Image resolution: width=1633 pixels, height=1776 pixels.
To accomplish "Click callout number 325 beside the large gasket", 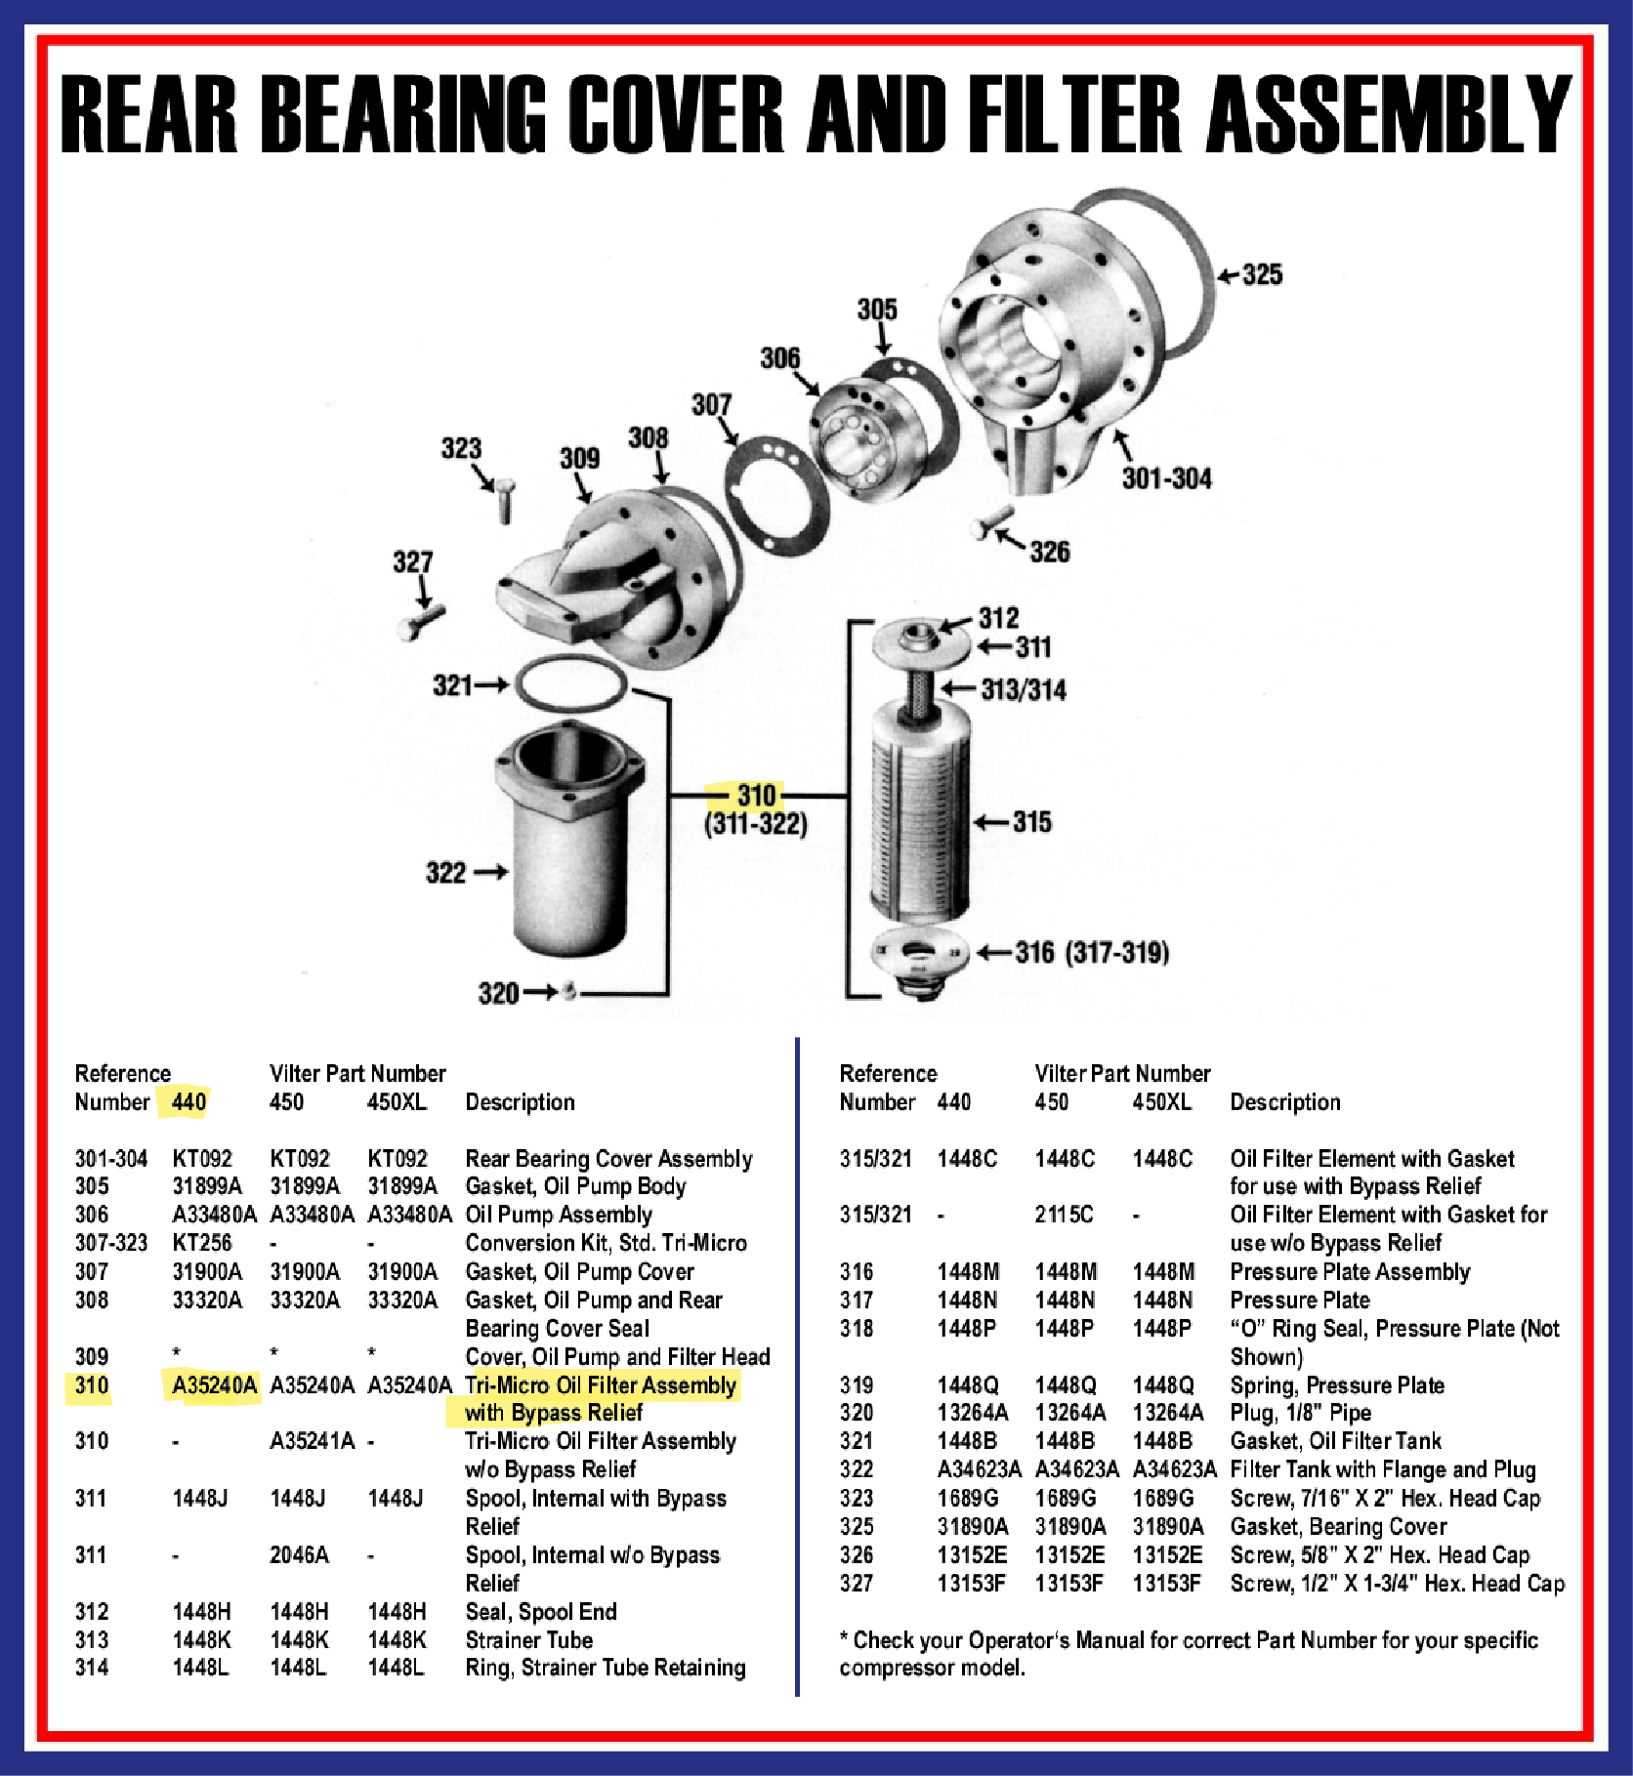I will tap(1261, 274).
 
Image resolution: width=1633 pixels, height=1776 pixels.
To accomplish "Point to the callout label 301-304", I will tap(1166, 478).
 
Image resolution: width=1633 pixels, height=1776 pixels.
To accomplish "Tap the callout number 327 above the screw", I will tap(412, 562).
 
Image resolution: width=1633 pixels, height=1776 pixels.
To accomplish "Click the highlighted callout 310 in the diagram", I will tap(756, 795).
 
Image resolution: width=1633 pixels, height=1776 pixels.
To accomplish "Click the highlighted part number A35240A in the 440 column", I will tap(214, 1384).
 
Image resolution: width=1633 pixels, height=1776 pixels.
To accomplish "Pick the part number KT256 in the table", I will tap(202, 1243).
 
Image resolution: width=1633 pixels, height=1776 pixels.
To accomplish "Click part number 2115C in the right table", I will tap(1064, 1215).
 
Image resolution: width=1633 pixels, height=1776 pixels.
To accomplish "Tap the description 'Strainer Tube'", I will tap(528, 1640).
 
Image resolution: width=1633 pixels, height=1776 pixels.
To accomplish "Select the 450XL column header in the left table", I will tap(397, 1102).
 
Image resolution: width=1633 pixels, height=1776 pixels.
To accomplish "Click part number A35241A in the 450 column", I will tap(312, 1441).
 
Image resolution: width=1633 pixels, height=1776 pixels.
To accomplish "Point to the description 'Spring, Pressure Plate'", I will tap(1336, 1384).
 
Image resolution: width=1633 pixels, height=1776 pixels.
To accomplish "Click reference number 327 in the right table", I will tap(857, 1584).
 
